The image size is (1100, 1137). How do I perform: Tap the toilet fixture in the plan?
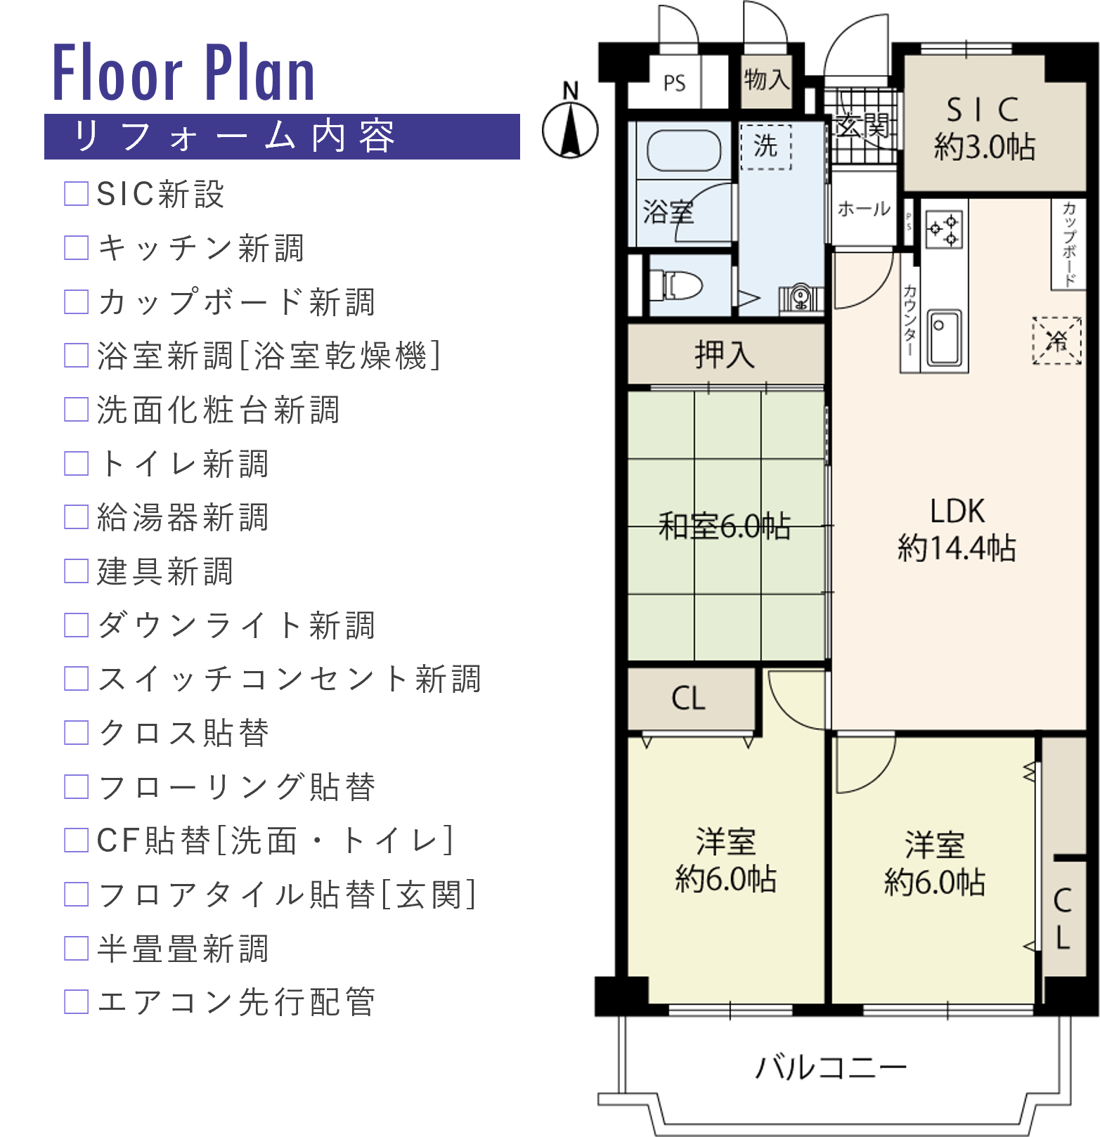coord(677,285)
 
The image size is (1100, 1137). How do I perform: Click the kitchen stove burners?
coord(943,229)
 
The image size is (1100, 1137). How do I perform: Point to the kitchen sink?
coord(945,337)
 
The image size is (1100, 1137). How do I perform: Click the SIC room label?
coord(983,110)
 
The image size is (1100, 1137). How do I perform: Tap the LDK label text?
coord(957,511)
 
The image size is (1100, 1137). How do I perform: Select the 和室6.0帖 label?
coord(725,526)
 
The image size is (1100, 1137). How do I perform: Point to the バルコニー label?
coord(831,1067)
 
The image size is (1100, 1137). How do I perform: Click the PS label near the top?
coord(674,83)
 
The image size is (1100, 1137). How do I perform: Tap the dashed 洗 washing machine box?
coord(766,147)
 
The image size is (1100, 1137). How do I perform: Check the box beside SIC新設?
coord(76,193)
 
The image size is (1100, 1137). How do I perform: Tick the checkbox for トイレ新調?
coord(76,463)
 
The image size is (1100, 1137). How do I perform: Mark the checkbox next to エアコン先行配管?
coord(76,1001)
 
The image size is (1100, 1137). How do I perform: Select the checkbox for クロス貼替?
coord(76,732)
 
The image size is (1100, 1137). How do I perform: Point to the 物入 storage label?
coord(767,79)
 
